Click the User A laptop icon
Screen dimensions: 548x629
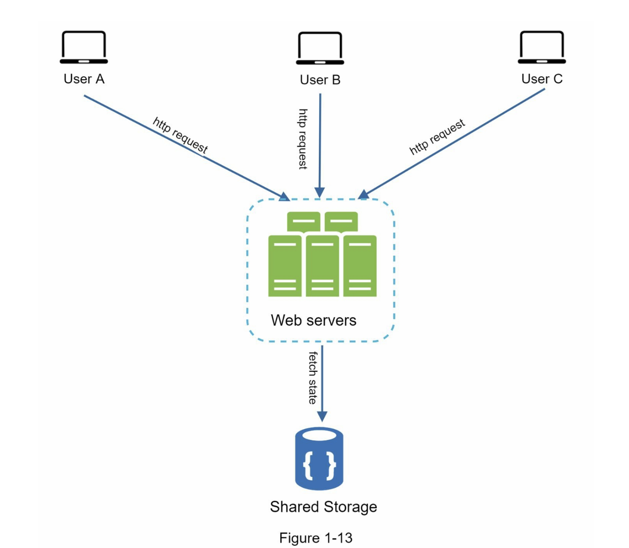click(x=84, y=47)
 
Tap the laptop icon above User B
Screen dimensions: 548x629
click(x=320, y=48)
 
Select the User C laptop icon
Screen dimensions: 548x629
click(x=542, y=47)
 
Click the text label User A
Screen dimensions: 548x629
click(x=84, y=79)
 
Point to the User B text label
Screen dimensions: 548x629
click(x=320, y=80)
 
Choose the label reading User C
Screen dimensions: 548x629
click(x=542, y=79)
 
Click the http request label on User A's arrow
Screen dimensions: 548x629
click(x=180, y=135)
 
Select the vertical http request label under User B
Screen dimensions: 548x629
click(x=303, y=139)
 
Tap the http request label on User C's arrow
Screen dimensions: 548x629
click(x=437, y=136)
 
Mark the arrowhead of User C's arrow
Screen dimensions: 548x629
click(x=364, y=195)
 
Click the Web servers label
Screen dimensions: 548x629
click(x=314, y=320)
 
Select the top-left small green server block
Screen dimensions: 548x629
click(x=303, y=221)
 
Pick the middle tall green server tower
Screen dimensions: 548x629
click(x=322, y=266)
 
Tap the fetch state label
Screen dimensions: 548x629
click(x=313, y=378)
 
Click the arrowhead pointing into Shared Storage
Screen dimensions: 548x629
click(x=322, y=416)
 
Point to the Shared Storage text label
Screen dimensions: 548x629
click(x=323, y=507)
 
